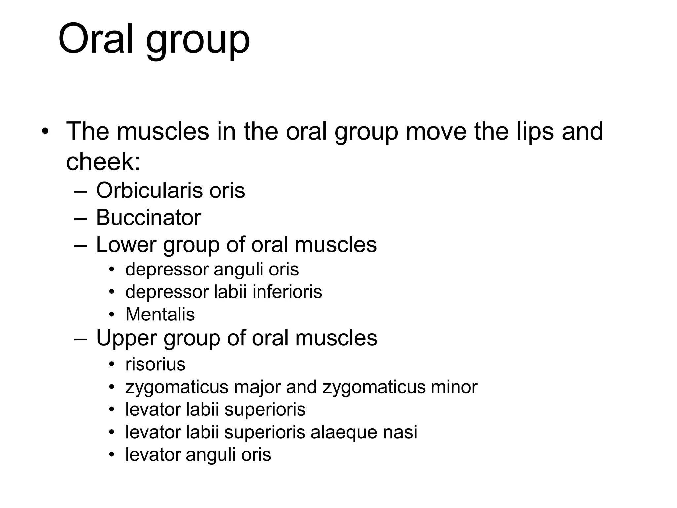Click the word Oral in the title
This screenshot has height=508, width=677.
[96, 39]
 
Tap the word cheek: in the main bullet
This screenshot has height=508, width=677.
[103, 162]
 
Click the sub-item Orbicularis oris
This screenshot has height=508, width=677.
[170, 190]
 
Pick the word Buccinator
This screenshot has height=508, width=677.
[148, 218]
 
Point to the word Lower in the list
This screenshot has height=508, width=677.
[126, 245]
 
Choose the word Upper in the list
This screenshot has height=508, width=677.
[126, 338]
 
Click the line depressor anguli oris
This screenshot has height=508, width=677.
[212, 269]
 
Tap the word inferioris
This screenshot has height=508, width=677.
[287, 292]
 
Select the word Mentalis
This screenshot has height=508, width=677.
[160, 314]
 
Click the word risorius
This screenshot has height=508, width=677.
[155, 364]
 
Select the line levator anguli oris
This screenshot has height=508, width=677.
[198, 454]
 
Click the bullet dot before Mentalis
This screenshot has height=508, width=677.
[112, 314]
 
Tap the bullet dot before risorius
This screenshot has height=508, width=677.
[112, 364]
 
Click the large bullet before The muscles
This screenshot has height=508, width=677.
[45, 132]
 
